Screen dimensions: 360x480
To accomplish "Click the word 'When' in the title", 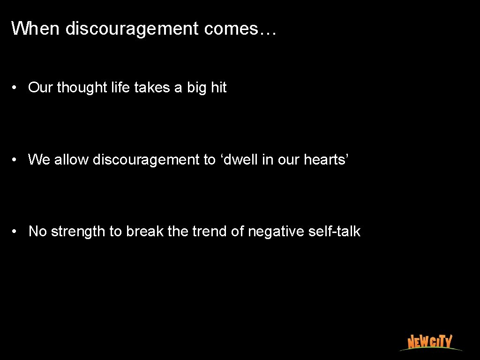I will tap(36, 29).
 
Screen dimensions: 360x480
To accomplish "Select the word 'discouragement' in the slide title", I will tap(132, 30).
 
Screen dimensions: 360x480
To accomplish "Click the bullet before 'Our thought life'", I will tap(15, 88).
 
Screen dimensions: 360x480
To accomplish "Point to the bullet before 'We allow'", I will tap(15, 160).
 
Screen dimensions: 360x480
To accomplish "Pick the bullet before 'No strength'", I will tap(15, 232).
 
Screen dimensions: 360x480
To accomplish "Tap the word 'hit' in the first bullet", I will tap(218, 88).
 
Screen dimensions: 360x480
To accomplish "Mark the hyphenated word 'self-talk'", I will tap(335, 232).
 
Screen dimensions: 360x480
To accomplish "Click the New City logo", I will tap(429, 342).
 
